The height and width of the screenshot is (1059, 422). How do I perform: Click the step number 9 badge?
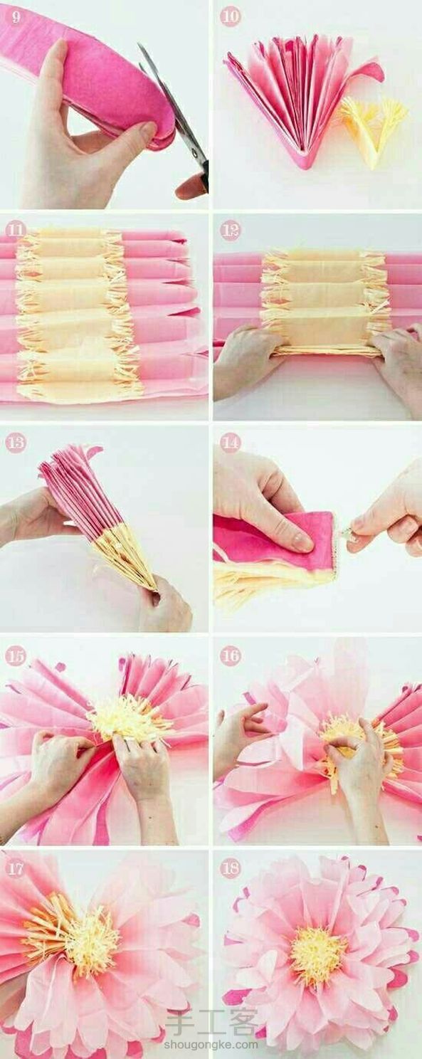point(16,17)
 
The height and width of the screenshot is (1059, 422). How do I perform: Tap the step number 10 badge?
point(230,17)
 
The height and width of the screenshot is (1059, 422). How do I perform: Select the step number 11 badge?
point(16,231)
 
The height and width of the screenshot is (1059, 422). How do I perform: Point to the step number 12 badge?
point(230,231)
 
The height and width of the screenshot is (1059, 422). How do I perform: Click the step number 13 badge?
point(16,443)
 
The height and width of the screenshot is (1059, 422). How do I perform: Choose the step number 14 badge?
point(230,443)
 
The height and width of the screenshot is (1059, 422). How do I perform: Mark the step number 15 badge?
point(16,656)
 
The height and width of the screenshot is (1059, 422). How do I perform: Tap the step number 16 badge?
point(230,656)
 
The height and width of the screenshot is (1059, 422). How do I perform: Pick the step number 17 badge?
point(16,868)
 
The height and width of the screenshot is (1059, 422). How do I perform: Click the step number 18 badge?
point(230,868)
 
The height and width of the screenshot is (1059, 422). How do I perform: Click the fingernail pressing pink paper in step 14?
point(302,543)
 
